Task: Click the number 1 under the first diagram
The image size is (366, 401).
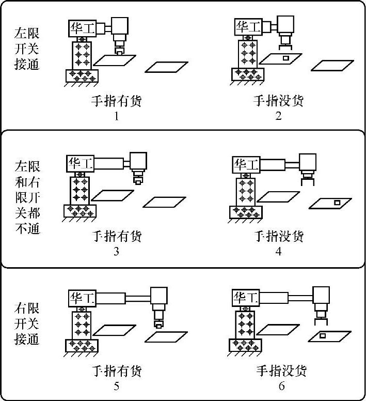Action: pyautogui.click(x=117, y=116)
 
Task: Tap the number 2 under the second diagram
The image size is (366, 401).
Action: pyautogui.click(x=279, y=116)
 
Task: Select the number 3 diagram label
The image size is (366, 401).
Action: pyautogui.click(x=117, y=252)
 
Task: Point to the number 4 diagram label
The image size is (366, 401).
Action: pyautogui.click(x=279, y=252)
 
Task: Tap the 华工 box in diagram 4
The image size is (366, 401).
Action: pyautogui.click(x=246, y=165)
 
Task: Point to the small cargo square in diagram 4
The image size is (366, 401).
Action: pyautogui.click(x=336, y=203)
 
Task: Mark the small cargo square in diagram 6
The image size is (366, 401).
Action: pyautogui.click(x=323, y=336)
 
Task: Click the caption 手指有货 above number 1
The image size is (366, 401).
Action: pyautogui.click(x=116, y=101)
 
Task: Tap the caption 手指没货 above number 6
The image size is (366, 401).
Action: pyautogui.click(x=281, y=371)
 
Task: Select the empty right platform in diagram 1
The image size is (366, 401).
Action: pyautogui.click(x=165, y=67)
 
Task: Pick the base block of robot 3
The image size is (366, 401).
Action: pyautogui.click(x=81, y=211)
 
